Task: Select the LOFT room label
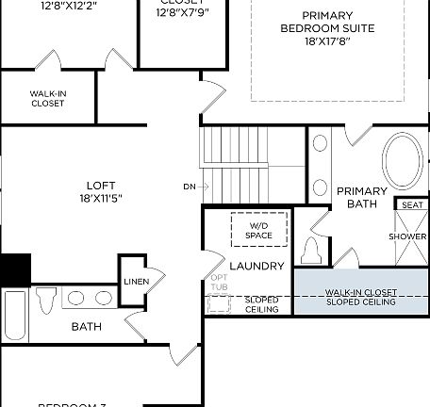coord(101,185)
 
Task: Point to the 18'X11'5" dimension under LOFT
coord(101,198)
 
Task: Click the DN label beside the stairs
coord(190,187)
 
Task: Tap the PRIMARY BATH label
coord(362,196)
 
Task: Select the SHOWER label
coord(407,236)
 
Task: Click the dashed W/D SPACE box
coord(259,230)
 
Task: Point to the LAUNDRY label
coord(256,267)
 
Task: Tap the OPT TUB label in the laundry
coord(219,284)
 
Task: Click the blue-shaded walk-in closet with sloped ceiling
coord(360,297)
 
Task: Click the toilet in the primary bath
coord(312,252)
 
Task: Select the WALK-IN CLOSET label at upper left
coord(47,99)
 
